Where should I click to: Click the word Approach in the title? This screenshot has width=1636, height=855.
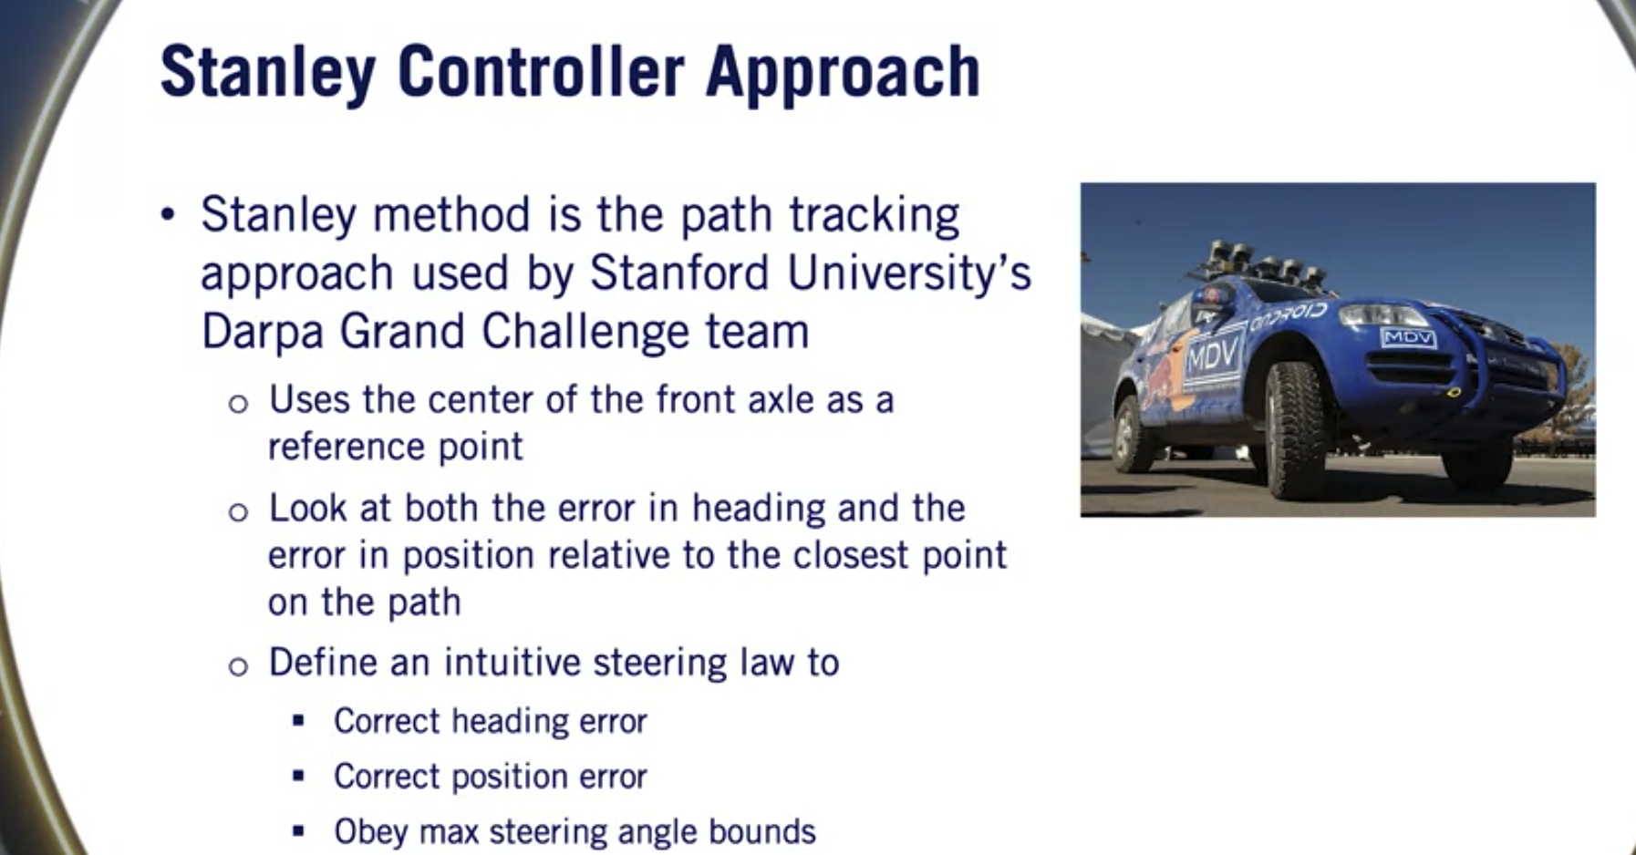point(843,73)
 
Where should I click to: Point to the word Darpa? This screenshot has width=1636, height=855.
point(262,332)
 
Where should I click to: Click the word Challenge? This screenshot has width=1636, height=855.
point(585,331)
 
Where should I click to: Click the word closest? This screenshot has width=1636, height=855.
point(850,554)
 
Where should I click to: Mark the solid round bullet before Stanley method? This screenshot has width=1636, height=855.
point(167,215)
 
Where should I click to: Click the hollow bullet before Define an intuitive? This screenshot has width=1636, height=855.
point(238,666)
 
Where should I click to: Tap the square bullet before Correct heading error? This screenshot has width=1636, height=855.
point(298,720)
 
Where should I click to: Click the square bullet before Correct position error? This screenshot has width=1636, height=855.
point(298,776)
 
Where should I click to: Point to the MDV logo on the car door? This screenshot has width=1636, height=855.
point(1212,352)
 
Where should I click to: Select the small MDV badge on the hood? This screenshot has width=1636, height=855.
point(1408,338)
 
